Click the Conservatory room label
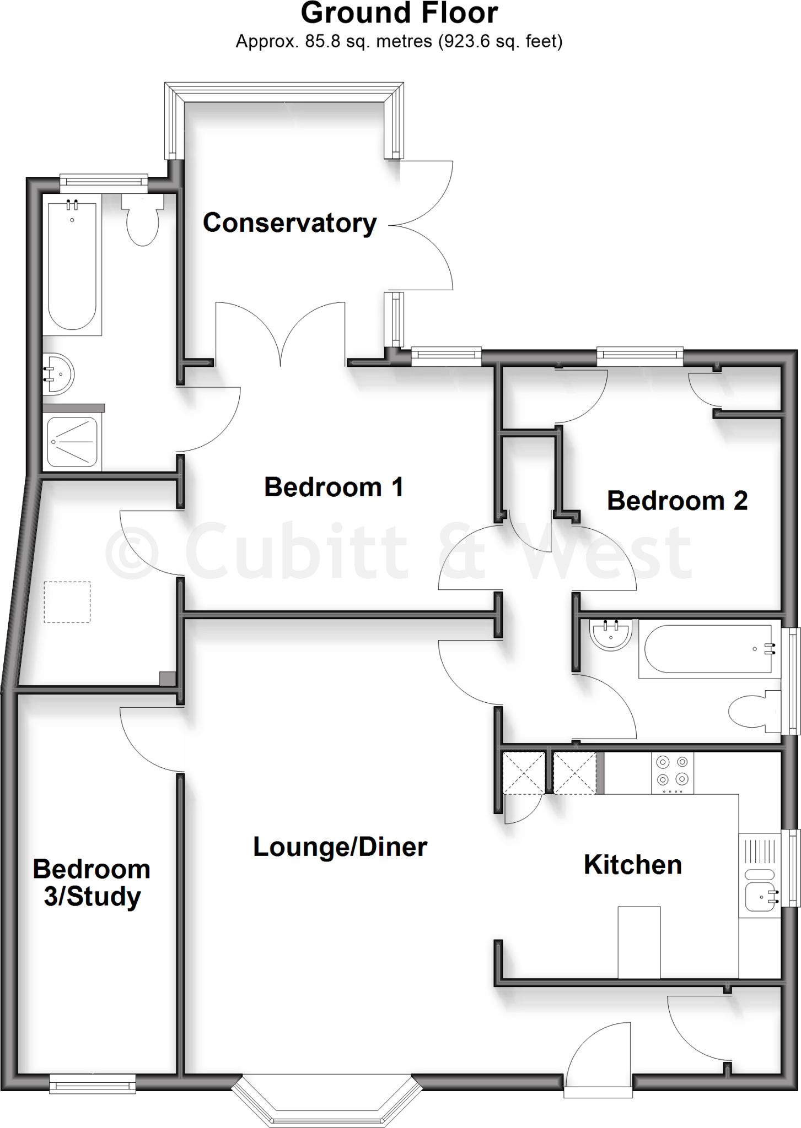[x=289, y=223]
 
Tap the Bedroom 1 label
[x=334, y=487]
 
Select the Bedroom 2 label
[x=677, y=501]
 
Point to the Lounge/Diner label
[x=340, y=847]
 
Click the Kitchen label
[x=633, y=865]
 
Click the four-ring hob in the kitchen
[x=673, y=772]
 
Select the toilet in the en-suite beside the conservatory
[x=143, y=220]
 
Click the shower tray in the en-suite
[x=72, y=442]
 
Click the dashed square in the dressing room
[x=67, y=602]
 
